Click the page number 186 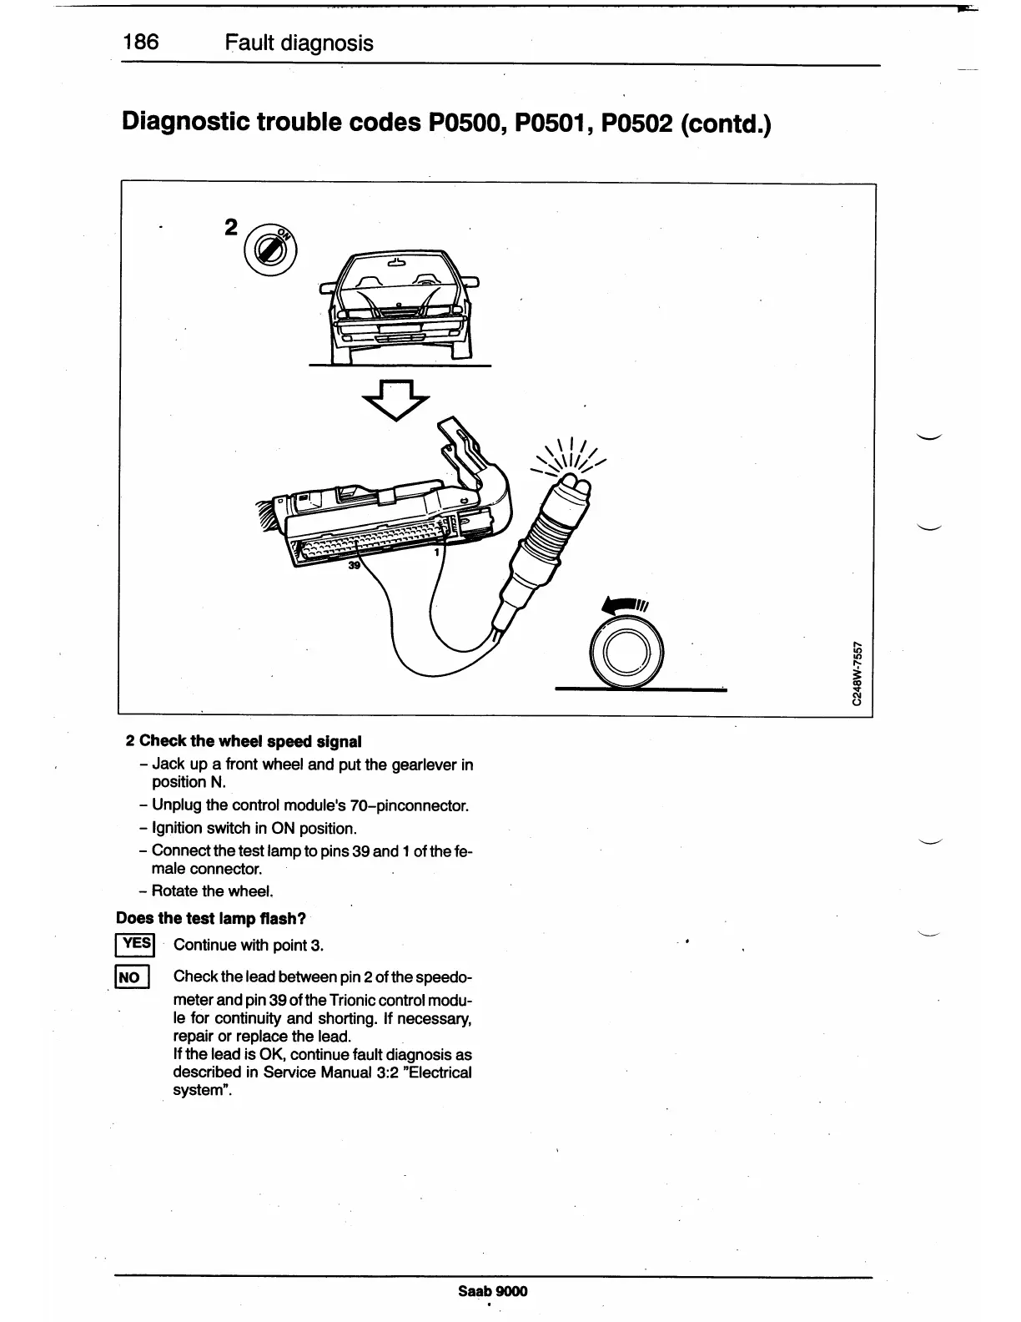pyautogui.click(x=141, y=42)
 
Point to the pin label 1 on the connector pyautogui.click(x=436, y=552)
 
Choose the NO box pyautogui.click(x=132, y=977)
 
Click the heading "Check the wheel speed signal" pyautogui.click(x=250, y=741)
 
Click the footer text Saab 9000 pyautogui.click(x=493, y=1291)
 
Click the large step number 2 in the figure pyautogui.click(x=232, y=228)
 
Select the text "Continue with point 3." pyautogui.click(x=248, y=945)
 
